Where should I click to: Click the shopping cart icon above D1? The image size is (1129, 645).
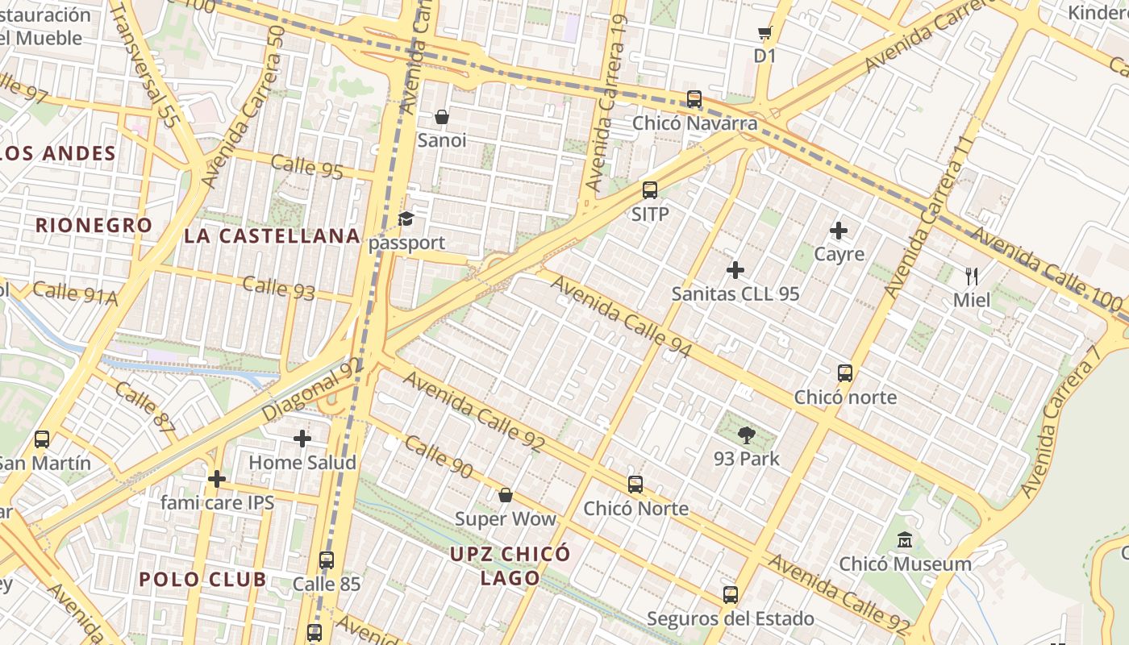(x=764, y=33)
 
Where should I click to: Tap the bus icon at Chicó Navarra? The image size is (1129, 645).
(x=694, y=99)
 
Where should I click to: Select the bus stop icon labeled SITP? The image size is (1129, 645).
(x=650, y=190)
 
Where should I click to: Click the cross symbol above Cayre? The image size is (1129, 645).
(x=839, y=231)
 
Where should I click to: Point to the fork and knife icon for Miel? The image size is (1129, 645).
(x=972, y=277)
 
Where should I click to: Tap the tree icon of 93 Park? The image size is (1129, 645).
(x=747, y=435)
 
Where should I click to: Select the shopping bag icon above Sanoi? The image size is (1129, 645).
(x=442, y=117)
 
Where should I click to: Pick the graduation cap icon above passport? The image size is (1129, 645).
(x=406, y=219)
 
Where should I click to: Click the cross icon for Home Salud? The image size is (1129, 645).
(x=302, y=439)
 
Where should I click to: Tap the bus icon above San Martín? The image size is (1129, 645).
(x=42, y=439)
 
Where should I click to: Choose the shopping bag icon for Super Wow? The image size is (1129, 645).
(x=506, y=495)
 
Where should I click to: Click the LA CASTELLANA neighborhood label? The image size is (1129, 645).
(x=272, y=235)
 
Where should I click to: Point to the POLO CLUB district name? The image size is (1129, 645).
(x=202, y=579)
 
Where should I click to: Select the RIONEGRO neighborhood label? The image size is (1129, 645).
(x=94, y=225)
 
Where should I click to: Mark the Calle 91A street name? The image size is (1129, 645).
(x=75, y=293)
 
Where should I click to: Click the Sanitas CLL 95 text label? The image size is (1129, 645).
(x=735, y=293)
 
